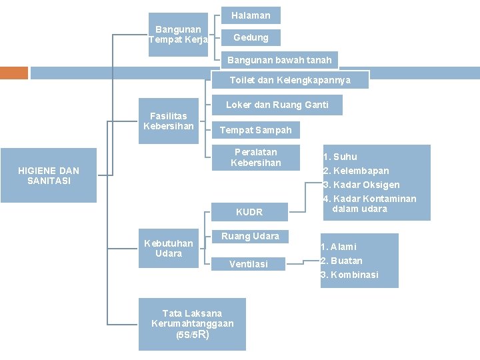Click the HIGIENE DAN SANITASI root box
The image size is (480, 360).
(x=49, y=176)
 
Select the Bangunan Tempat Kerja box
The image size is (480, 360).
(x=178, y=34)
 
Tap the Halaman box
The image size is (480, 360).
(x=251, y=15)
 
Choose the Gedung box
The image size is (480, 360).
(x=251, y=37)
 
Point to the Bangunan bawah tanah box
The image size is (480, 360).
(x=279, y=60)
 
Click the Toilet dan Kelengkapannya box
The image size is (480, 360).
(x=290, y=80)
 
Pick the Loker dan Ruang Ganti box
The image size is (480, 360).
(x=277, y=105)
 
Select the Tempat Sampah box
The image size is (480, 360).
(x=255, y=130)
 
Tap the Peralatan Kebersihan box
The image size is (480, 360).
(x=255, y=157)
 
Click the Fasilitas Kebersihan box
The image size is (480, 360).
(x=168, y=121)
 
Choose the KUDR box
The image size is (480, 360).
(x=249, y=212)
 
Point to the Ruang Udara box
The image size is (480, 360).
(x=250, y=236)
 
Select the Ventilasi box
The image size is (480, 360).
(x=249, y=264)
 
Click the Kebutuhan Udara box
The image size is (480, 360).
(x=168, y=248)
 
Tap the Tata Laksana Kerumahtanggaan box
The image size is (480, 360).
(x=192, y=323)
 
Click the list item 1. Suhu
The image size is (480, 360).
(x=340, y=157)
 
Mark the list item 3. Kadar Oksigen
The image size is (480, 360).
(x=361, y=185)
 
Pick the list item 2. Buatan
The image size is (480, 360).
(x=341, y=261)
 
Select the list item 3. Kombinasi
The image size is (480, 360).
(x=349, y=275)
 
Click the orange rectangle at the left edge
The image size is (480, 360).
(x=14, y=73)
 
